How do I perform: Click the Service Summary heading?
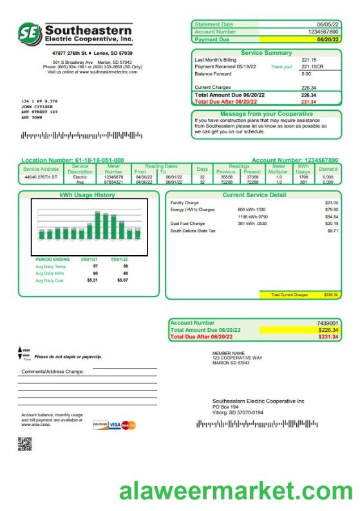[x=266, y=53]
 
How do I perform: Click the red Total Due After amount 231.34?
[x=309, y=102]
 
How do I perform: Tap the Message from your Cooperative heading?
[x=266, y=114]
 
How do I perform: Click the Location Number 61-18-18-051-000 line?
[x=73, y=160]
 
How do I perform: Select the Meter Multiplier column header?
[x=279, y=169]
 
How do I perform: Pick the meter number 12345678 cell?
[x=113, y=177]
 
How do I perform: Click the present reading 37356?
[x=252, y=177]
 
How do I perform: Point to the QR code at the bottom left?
[x=24, y=443]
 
